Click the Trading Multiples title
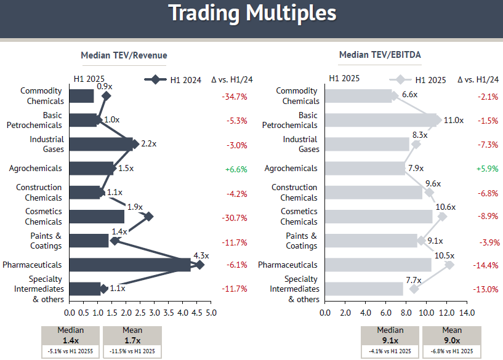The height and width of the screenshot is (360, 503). click(x=252, y=13)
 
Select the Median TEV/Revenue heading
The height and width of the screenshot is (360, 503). click(x=124, y=55)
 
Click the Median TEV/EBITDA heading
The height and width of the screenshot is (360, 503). click(x=380, y=55)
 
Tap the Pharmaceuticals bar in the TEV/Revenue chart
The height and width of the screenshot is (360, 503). click(x=130, y=265)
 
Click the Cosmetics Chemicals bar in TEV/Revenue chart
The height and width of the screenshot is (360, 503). click(x=97, y=216)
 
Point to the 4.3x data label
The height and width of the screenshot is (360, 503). click(x=201, y=255)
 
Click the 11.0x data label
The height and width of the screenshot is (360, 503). click(x=454, y=120)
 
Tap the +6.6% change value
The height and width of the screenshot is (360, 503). click(x=234, y=169)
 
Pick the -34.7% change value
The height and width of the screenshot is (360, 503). click(x=234, y=97)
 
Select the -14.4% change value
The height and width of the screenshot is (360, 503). click(x=485, y=265)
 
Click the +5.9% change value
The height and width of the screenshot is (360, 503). click(x=485, y=169)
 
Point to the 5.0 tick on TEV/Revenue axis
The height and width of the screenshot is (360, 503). click(x=211, y=313)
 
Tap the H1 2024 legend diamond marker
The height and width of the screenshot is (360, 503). click(x=155, y=79)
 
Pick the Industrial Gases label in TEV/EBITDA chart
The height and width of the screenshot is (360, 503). click(x=300, y=144)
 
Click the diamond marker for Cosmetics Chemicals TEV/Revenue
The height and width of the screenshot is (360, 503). click(x=148, y=216)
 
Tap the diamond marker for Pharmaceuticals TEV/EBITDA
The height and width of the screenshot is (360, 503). click(x=449, y=265)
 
